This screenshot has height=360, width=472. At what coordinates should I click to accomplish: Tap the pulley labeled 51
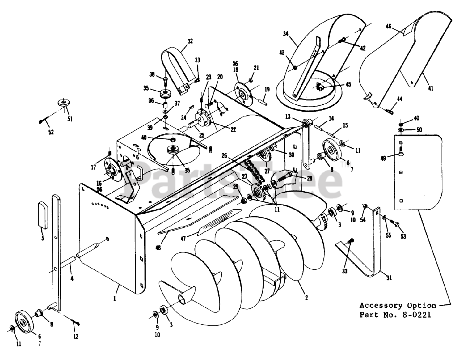pyautogui.click(x=64, y=104)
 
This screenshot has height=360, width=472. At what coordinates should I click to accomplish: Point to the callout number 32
pyautogui.click(x=190, y=42)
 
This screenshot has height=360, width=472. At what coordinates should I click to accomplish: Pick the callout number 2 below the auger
pyautogui.click(x=306, y=297)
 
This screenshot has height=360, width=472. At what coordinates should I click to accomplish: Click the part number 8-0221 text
pyautogui.click(x=409, y=315)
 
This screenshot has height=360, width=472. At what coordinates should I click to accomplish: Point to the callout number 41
pyautogui.click(x=431, y=88)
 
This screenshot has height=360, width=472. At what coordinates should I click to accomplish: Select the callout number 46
pyautogui.click(x=388, y=26)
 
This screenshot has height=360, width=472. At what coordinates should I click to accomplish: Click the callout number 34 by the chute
pyautogui.click(x=286, y=34)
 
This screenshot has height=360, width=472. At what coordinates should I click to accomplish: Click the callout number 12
pyautogui.click(x=76, y=336)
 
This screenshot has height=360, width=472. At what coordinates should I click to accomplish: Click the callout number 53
pyautogui.click(x=403, y=237)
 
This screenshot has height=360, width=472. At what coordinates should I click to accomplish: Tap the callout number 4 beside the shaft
pyautogui.click(x=72, y=279)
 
